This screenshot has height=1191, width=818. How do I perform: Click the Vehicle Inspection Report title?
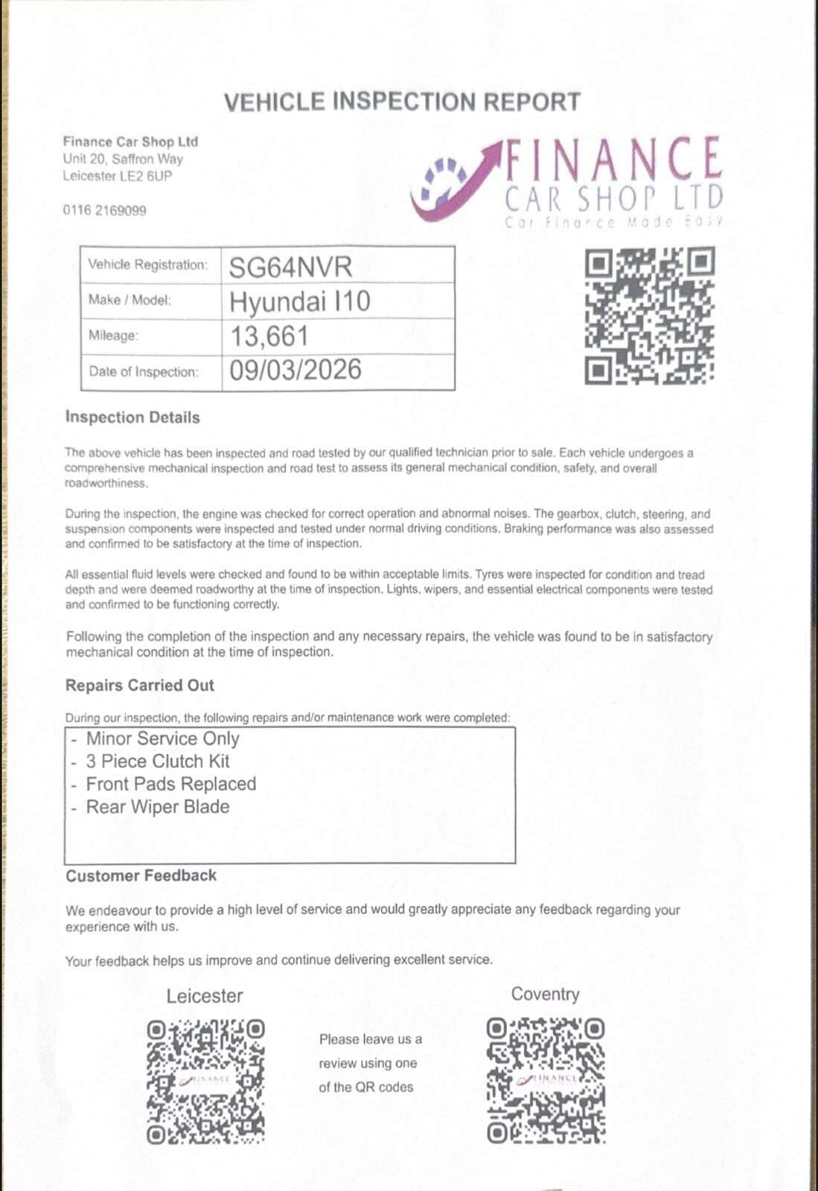[402, 102]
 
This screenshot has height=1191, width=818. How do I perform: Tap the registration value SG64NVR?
[290, 266]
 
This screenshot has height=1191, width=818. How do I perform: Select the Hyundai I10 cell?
[299, 301]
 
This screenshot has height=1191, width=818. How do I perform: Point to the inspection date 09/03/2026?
[295, 370]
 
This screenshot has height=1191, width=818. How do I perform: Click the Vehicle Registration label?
[147, 265]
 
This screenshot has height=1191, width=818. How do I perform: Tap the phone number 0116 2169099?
[104, 211]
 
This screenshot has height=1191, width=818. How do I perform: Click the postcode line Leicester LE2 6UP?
[117, 176]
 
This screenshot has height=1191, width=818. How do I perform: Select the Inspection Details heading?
[132, 418]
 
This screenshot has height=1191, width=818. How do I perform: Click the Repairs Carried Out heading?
[140, 686]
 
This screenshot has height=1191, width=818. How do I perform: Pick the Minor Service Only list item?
[162, 738]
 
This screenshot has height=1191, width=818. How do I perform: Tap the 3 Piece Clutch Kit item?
[158, 761]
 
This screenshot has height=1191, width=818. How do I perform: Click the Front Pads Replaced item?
[170, 784]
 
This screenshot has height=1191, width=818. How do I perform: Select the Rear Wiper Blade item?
[158, 807]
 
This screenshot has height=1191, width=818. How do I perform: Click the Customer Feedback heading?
[141, 876]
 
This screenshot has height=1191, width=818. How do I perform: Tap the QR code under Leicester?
[205, 1081]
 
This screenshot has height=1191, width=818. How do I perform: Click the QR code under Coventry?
[546, 1081]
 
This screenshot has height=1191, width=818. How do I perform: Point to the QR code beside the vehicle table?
[649, 316]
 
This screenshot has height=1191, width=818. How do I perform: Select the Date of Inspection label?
[144, 371]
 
